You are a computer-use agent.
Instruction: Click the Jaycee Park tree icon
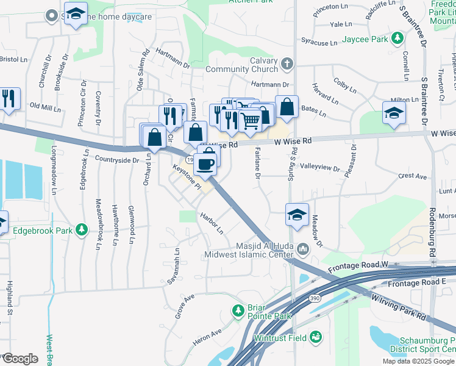tap(397, 39)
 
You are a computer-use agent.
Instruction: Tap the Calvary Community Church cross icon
tap(287, 63)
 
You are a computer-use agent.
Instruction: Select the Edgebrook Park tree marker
tap(80, 231)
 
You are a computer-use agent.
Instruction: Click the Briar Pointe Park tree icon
tap(239, 311)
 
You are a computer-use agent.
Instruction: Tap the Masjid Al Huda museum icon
tap(303, 249)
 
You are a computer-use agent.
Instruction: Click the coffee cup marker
tap(208, 163)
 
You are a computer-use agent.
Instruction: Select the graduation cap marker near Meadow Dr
tap(297, 215)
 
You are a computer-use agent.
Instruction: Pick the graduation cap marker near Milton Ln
tap(394, 113)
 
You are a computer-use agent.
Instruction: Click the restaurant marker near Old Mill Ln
tap(9, 98)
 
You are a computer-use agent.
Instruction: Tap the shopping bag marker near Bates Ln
tap(287, 106)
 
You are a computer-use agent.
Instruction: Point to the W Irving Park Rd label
tap(399, 304)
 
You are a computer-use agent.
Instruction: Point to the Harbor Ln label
tap(213, 223)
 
